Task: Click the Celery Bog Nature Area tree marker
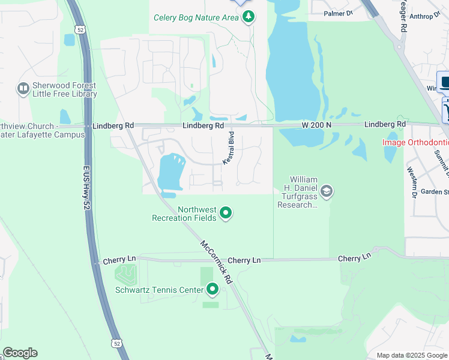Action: (x=248, y=17)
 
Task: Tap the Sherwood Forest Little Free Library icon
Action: (x=23, y=89)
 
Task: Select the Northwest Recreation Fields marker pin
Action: (x=226, y=213)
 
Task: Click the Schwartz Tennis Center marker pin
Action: (x=212, y=290)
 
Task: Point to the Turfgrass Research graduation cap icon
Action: (x=327, y=192)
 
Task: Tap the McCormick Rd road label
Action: (x=216, y=262)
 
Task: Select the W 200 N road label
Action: (x=316, y=125)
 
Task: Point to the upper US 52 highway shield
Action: (x=80, y=29)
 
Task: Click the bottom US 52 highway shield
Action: (x=116, y=342)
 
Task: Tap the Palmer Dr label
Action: (x=338, y=13)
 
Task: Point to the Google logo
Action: (x=20, y=353)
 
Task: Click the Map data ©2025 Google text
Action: (x=412, y=355)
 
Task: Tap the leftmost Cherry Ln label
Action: (x=119, y=260)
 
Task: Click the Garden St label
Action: (x=435, y=192)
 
